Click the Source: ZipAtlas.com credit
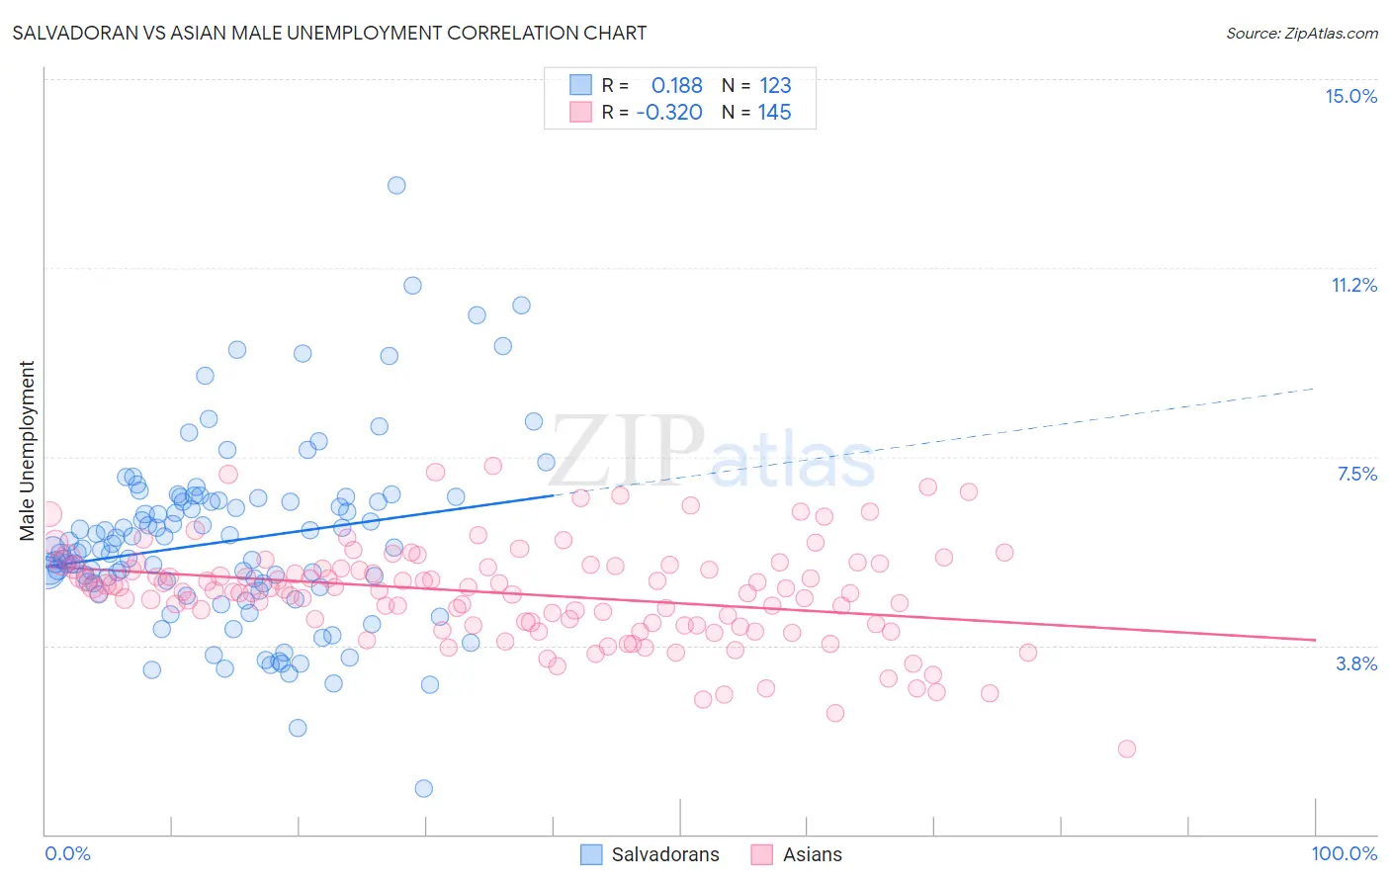point(1301,33)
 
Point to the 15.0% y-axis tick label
point(1350,96)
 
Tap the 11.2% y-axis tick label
point(1353,285)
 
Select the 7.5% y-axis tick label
point(1356,474)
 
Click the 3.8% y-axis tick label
point(1356,663)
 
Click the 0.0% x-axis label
point(67,853)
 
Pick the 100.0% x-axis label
point(1344,853)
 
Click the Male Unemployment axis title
point(27,451)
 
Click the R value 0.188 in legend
point(676,85)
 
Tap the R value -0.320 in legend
point(669,112)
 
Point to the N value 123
point(775,85)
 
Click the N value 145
point(774,112)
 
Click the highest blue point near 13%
point(396,185)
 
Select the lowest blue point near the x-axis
point(423,788)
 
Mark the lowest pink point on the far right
point(1126,749)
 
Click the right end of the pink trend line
point(1315,640)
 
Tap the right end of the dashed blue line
point(1315,389)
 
